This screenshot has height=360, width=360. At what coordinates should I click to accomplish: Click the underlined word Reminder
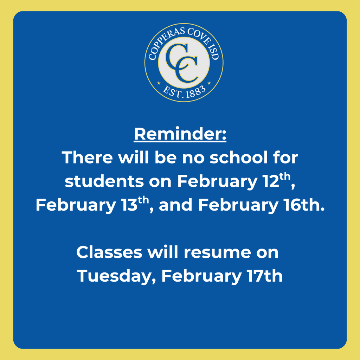coord(180,135)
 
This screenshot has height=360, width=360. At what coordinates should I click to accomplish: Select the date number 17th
coord(263,276)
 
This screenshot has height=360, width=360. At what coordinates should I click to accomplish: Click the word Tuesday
coord(116,277)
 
